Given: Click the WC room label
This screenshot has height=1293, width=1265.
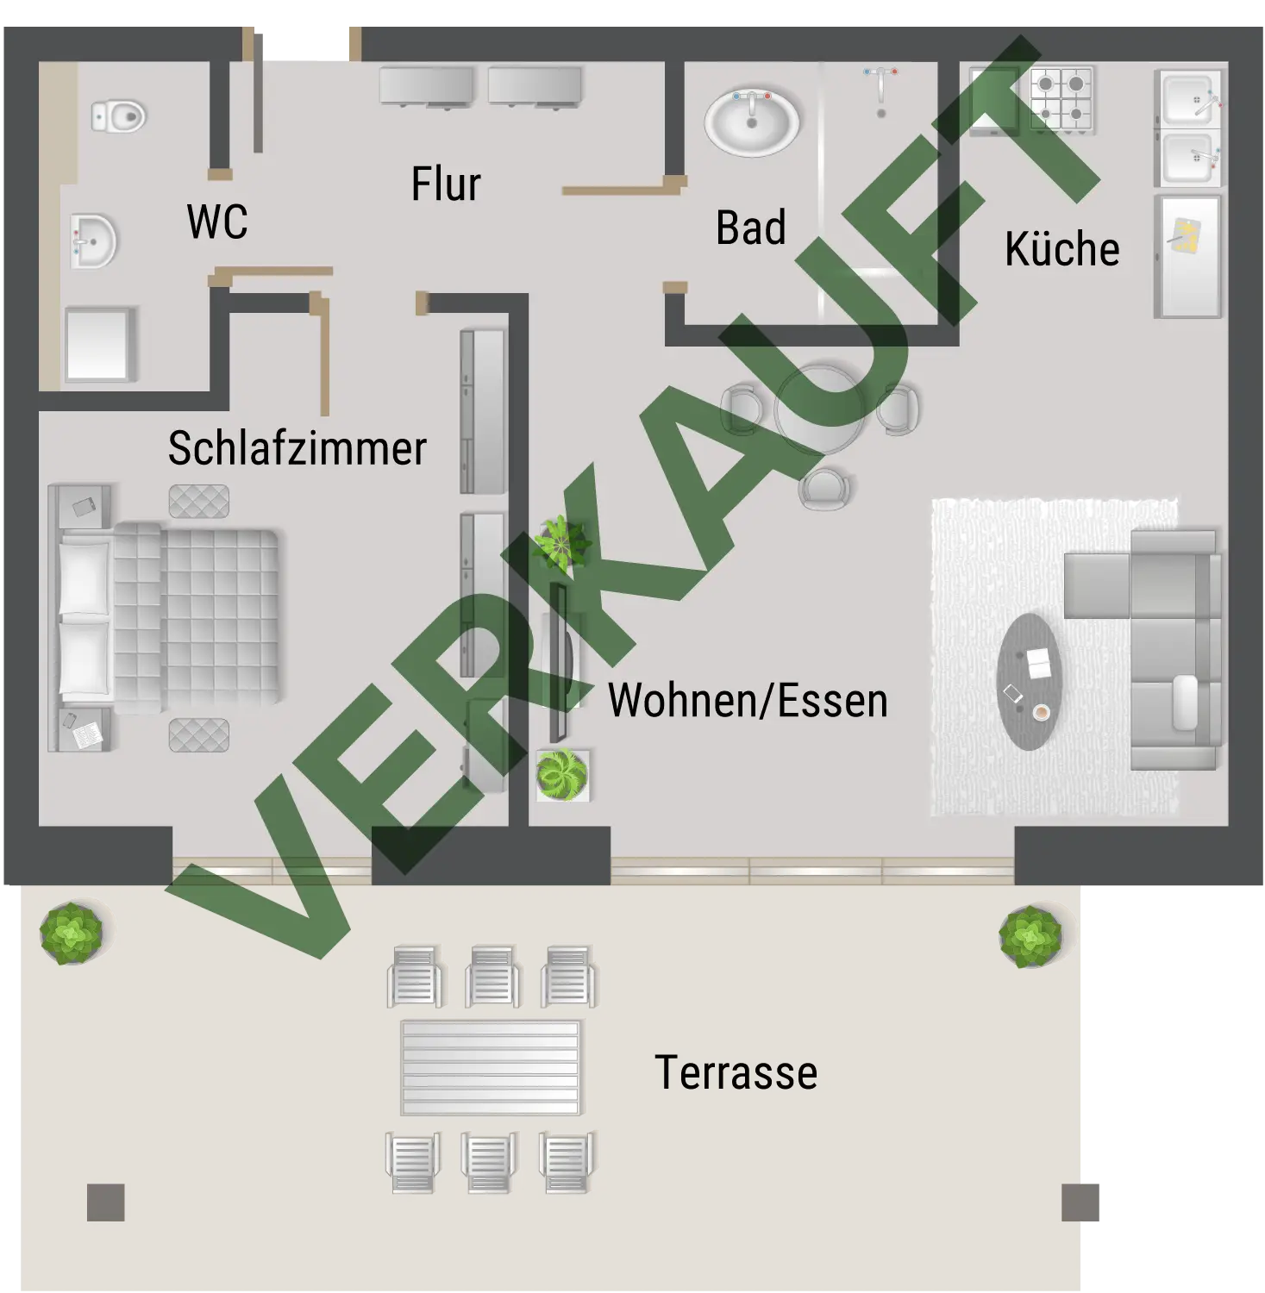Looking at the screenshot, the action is tap(217, 222).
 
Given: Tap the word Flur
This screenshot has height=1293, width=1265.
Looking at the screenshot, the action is tap(446, 184).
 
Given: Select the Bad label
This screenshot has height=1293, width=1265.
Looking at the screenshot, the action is tap(751, 228).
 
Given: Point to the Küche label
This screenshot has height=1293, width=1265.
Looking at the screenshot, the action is tap(1062, 248).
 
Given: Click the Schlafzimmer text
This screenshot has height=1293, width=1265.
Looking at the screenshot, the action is tap(297, 447).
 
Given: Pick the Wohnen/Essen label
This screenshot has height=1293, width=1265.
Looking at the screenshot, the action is tap(748, 700).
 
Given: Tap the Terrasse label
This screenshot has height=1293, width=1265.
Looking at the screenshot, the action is tap(736, 1072).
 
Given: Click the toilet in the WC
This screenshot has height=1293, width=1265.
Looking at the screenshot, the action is tap(119, 116).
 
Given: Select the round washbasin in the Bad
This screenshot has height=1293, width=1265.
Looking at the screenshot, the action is tap(752, 122).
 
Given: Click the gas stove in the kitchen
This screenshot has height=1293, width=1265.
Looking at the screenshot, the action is tap(1061, 98).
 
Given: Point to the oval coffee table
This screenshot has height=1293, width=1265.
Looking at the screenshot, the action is tap(1029, 682).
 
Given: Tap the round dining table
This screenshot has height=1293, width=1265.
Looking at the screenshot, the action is tap(819, 410).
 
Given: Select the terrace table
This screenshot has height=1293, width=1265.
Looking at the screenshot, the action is tap(491, 1067).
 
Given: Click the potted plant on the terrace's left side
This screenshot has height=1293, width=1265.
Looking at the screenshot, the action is tap(72, 933).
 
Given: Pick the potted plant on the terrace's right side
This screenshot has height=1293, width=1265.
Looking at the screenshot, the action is tap(1030, 936).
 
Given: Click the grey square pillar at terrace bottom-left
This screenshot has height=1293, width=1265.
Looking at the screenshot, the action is tap(106, 1202).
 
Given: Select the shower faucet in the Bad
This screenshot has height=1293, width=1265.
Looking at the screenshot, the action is tap(880, 89).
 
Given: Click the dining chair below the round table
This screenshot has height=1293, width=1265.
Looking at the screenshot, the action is tap(824, 489).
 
